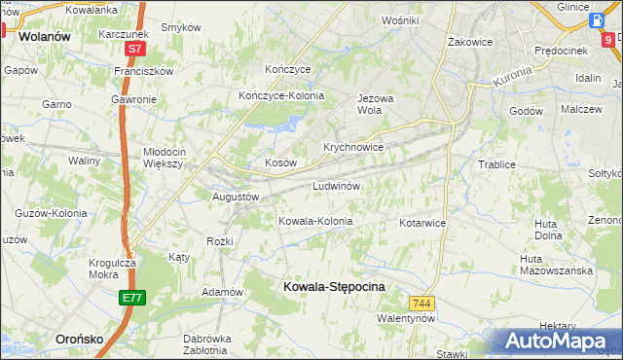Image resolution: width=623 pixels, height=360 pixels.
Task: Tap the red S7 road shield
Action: click(134, 48)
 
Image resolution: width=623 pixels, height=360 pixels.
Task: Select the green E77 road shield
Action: click(133, 298)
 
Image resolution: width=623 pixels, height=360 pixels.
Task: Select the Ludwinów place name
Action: click(337, 185)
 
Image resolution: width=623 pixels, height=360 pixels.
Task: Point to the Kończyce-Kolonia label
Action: click(281, 95)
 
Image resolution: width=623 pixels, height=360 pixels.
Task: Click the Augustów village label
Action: click(236, 197)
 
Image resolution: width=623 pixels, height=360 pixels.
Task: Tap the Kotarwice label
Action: click(421, 223)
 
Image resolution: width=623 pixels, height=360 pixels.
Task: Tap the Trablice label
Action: click(496, 164)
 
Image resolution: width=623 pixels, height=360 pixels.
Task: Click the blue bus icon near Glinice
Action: click(596, 22)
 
